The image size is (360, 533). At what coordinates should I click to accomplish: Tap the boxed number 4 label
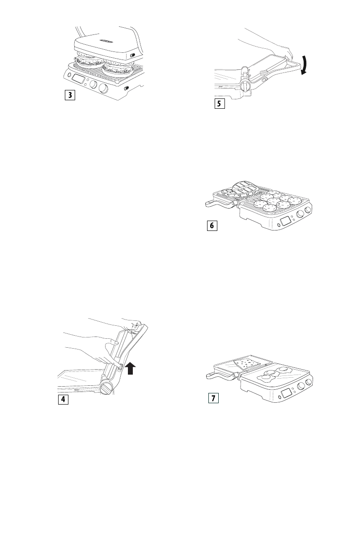(64, 401)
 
